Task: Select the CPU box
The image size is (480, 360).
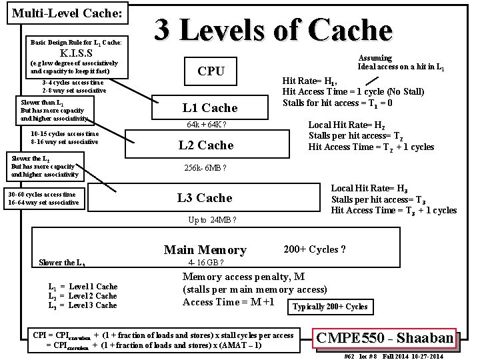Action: click(211, 71)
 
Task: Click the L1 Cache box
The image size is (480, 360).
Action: click(210, 108)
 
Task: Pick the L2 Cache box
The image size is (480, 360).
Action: click(207, 145)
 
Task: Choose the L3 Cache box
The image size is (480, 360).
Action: click(205, 198)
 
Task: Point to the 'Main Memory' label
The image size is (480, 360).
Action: click(205, 250)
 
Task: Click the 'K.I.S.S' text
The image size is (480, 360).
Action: click(80, 53)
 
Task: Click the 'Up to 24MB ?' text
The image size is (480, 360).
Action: click(213, 220)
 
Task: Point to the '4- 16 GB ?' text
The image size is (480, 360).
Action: click(201, 263)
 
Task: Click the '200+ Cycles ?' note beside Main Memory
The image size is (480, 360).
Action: click(314, 249)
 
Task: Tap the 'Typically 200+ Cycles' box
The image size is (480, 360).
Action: click(330, 307)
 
